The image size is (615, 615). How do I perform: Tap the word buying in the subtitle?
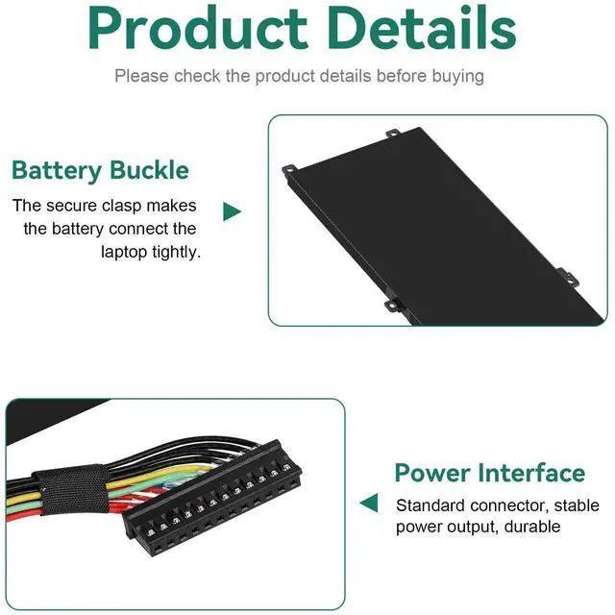click(457, 75)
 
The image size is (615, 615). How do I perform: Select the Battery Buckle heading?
click(100, 171)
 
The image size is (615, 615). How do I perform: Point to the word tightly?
click(176, 252)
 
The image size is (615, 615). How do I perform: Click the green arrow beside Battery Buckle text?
click(232, 211)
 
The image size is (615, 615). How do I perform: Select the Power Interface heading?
click(489, 473)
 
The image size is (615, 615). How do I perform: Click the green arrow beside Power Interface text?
click(369, 504)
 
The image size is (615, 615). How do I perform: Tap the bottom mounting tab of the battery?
click(393, 305)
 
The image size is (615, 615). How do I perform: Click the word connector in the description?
click(510, 504)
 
